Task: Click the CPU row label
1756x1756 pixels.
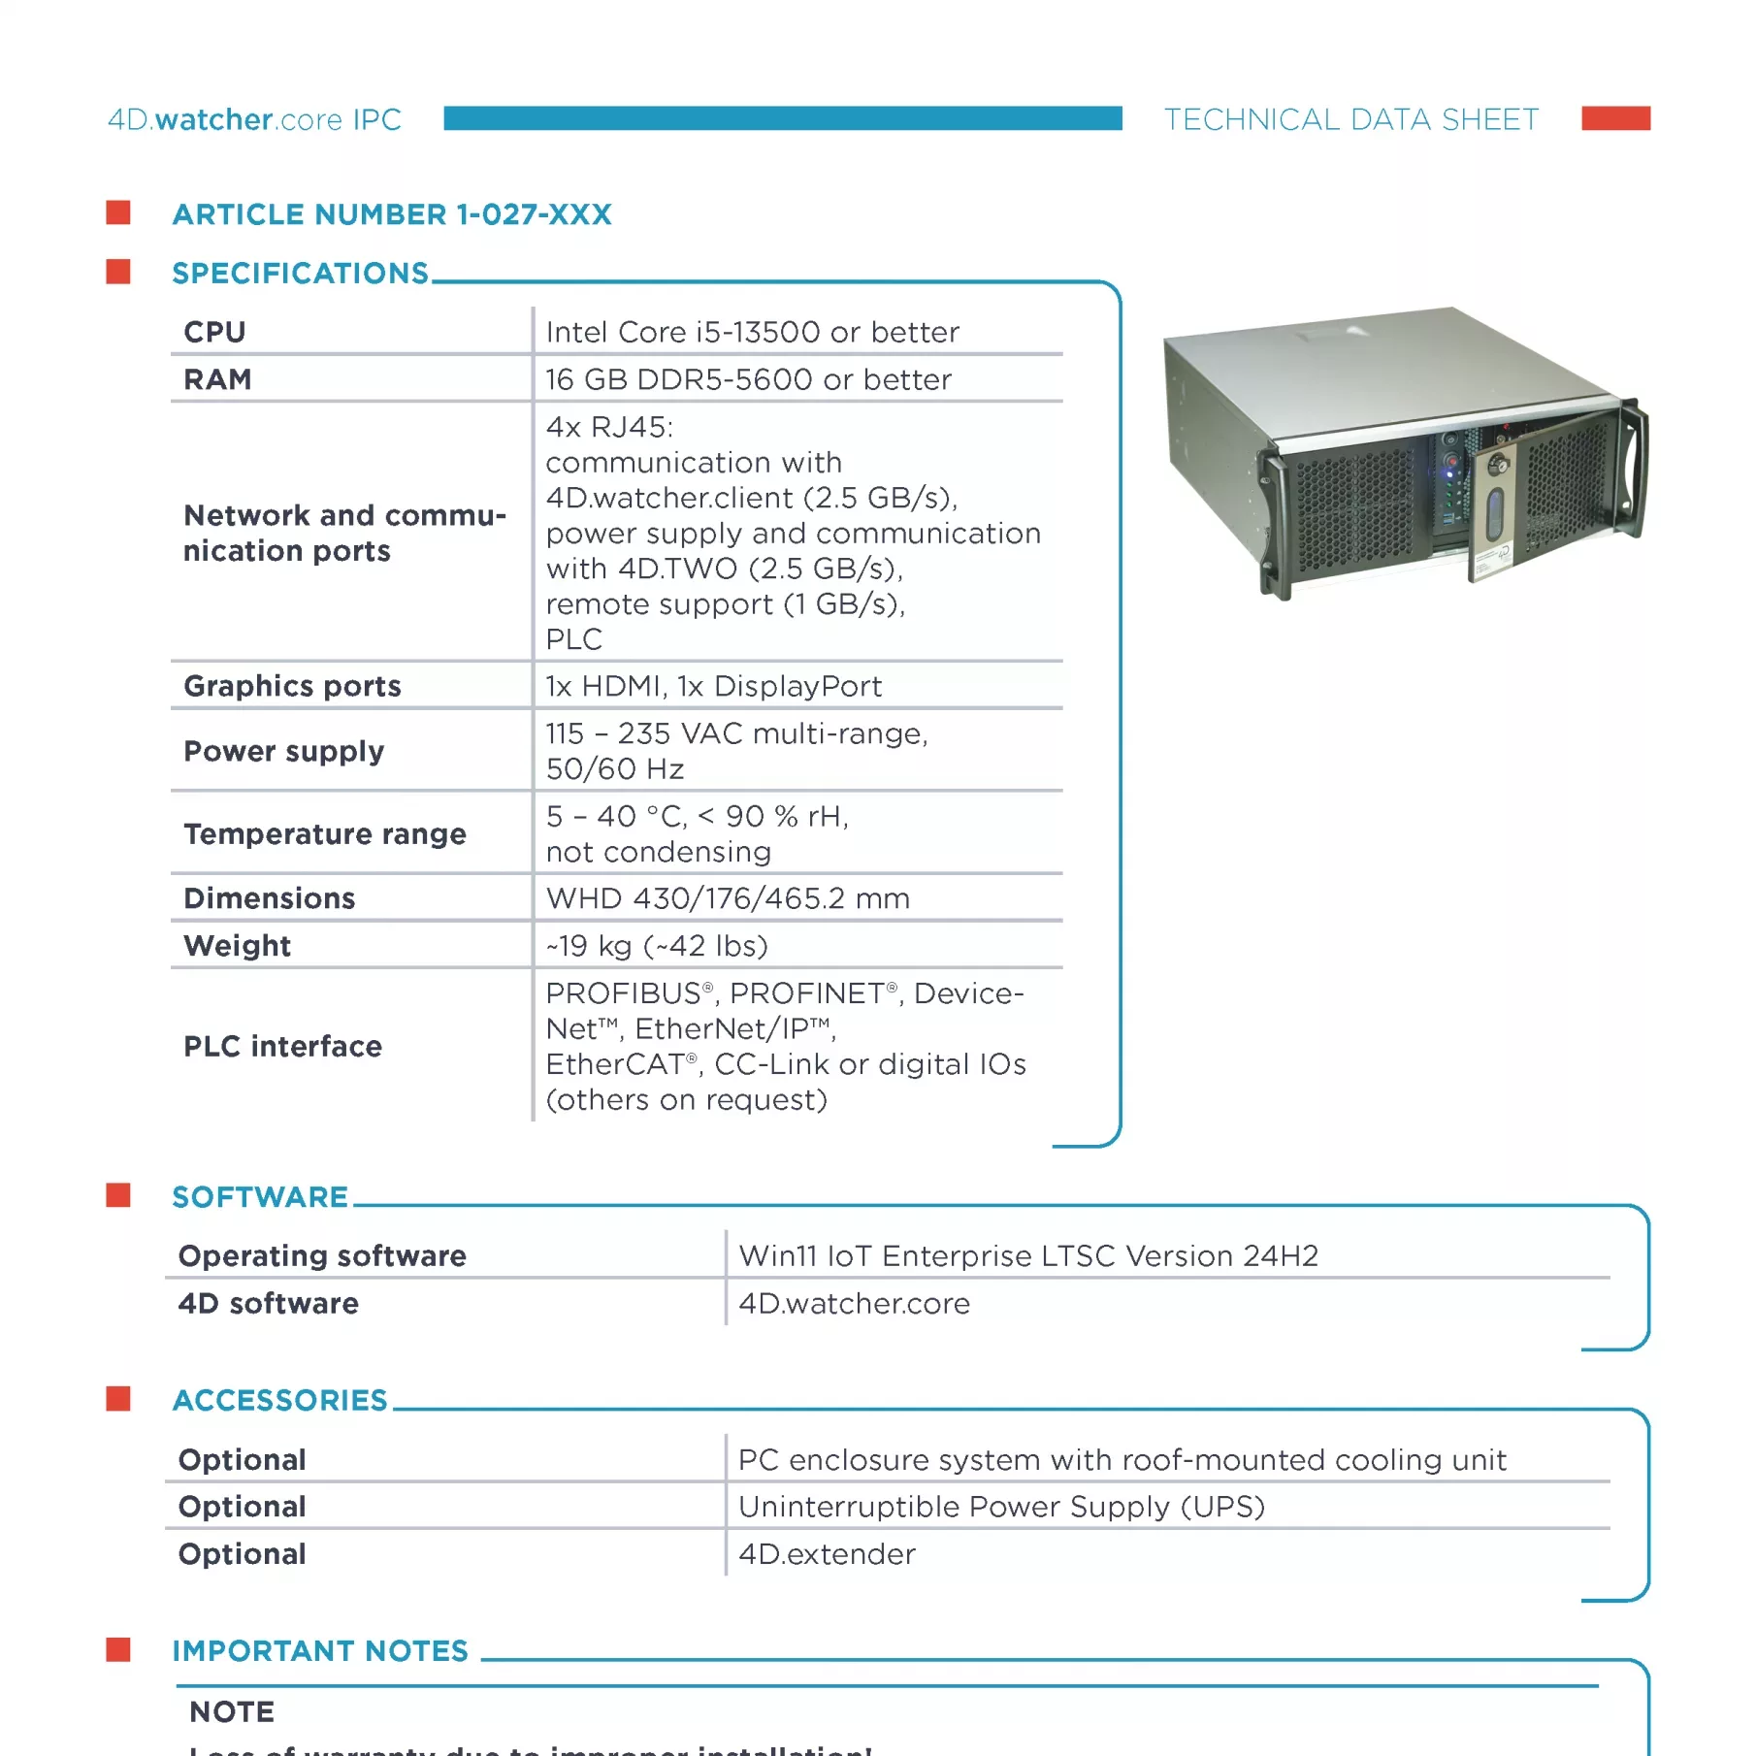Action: point(214,332)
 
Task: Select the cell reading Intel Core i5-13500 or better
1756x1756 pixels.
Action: point(752,332)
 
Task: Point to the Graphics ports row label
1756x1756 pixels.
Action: point(292,686)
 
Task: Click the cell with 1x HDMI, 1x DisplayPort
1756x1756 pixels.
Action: point(713,686)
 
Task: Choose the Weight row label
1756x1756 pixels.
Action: point(237,946)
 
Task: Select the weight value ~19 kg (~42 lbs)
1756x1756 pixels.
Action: point(657,946)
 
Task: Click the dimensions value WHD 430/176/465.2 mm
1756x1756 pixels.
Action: point(728,898)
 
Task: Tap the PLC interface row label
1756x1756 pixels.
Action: point(282,1046)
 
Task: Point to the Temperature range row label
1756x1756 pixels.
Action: point(325,834)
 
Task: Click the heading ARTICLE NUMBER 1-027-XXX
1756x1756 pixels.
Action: point(392,214)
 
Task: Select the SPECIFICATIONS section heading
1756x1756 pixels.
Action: point(300,274)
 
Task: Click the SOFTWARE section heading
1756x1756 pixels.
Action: point(260,1197)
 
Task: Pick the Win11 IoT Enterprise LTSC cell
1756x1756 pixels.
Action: point(1028,1256)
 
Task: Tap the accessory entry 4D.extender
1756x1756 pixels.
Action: point(827,1554)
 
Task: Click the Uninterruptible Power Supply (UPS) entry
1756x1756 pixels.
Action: point(1001,1507)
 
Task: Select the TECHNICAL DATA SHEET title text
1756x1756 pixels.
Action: point(1350,119)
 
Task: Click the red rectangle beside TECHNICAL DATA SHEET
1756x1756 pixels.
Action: point(1615,118)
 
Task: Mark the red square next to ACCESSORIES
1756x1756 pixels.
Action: point(118,1399)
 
